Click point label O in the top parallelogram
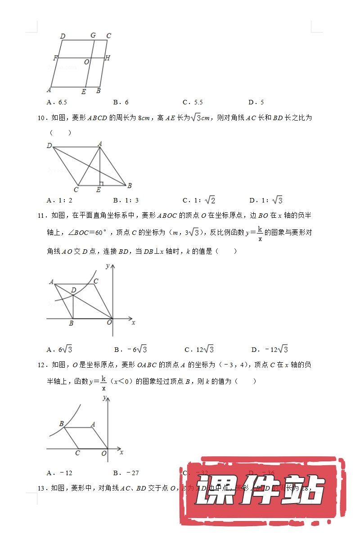pos(86,62)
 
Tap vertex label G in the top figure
pos(93,36)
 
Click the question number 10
pos(42,118)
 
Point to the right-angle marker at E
pos(102,184)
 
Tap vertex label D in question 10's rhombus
pos(49,145)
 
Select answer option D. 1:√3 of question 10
pos(266,200)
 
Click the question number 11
pos(42,216)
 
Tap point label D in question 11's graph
pos(73,291)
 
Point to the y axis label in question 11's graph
pos(108,266)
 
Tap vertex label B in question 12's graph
pos(61,424)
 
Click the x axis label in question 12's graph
pos(121,452)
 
